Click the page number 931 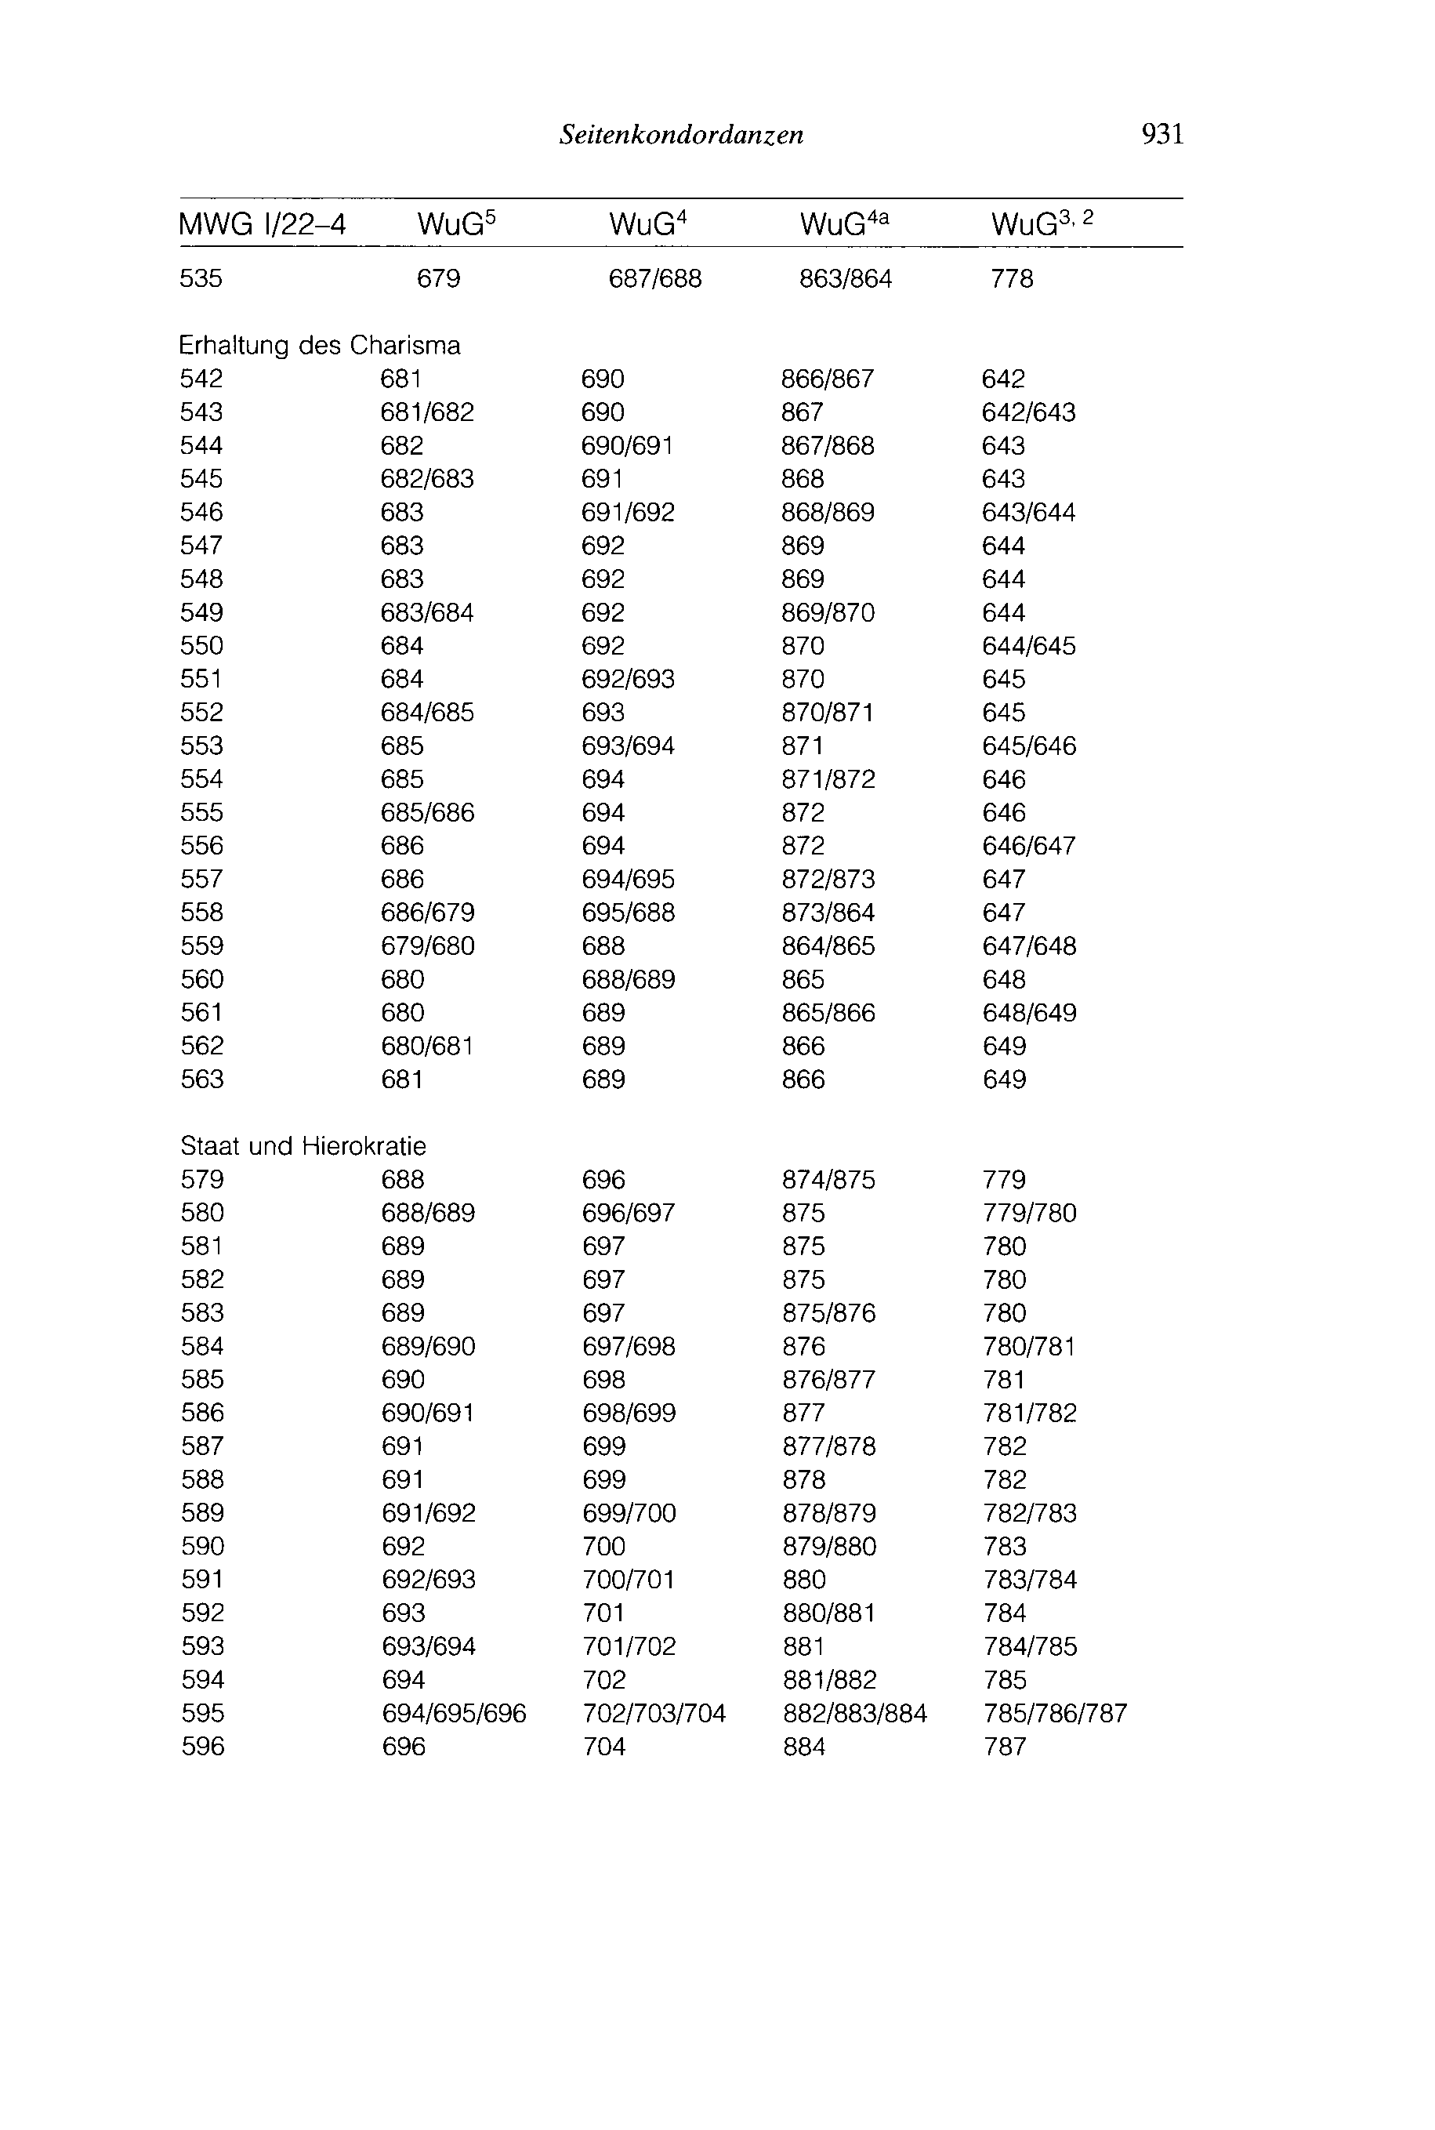pos(1162,135)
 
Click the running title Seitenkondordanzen pos(682,136)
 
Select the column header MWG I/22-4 pos(263,224)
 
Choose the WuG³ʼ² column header pos(1042,223)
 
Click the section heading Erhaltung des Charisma pos(320,345)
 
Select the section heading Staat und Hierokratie pos(303,1146)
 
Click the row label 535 pos(201,278)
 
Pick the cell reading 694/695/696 pos(454,1713)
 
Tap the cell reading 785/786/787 pos(1055,1713)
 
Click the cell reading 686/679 pos(427,913)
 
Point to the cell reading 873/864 pos(828,913)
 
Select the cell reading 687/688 pos(655,278)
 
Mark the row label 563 pos(201,1080)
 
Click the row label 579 pos(202,1179)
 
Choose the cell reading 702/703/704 pos(654,1713)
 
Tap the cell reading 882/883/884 pos(855,1713)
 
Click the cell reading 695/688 pos(629,913)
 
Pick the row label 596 pos(202,1747)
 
